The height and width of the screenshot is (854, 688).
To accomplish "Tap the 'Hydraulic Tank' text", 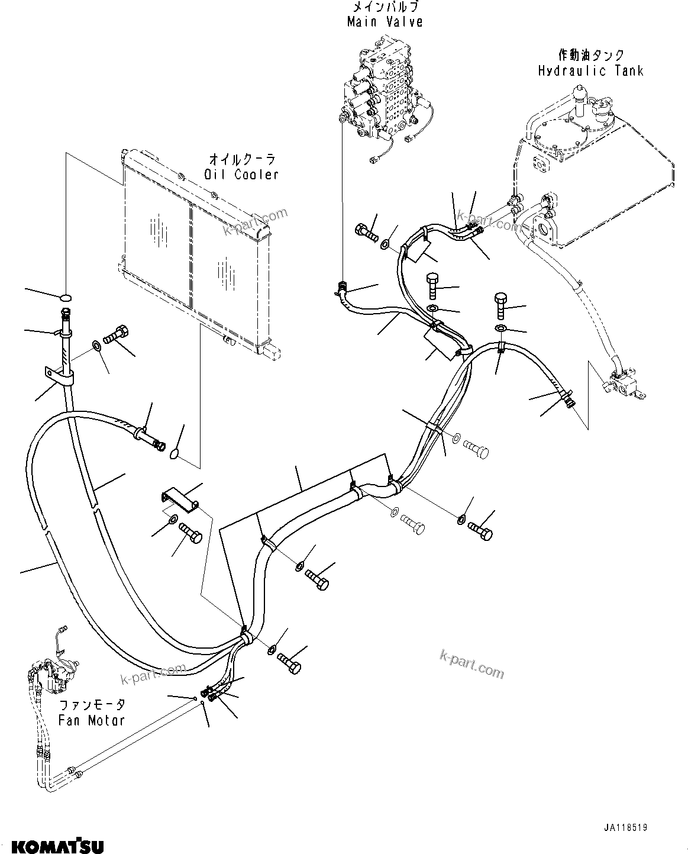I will point(590,71).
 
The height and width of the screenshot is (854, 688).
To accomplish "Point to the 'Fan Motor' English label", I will point(92,720).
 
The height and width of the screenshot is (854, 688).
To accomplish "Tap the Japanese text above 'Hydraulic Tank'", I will point(590,56).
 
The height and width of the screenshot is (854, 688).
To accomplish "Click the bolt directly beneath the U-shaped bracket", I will point(191,533).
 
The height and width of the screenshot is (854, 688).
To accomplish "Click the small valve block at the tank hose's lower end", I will point(624,384).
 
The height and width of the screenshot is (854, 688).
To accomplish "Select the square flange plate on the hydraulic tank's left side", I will point(540,166).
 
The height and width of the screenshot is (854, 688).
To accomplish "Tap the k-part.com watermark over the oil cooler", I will point(254,223).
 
